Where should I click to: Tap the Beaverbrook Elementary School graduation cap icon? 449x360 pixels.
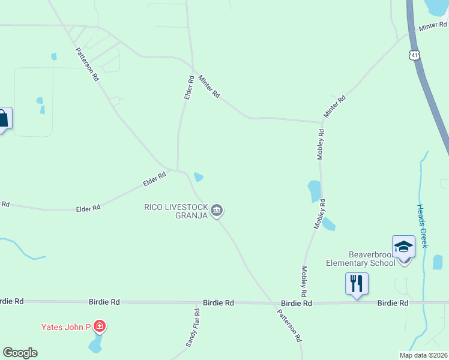click(x=403, y=247)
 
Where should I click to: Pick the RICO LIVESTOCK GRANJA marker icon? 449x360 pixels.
click(x=217, y=210)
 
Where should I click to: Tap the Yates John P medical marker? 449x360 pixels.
click(x=100, y=327)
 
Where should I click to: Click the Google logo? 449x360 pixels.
click(x=20, y=353)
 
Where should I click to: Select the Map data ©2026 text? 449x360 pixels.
click(x=423, y=355)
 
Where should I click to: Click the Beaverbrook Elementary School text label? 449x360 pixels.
click(x=360, y=259)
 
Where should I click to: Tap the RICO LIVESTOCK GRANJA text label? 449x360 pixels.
click(x=175, y=211)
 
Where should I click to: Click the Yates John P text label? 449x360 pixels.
click(x=65, y=327)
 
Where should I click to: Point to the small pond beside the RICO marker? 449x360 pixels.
click(x=199, y=177)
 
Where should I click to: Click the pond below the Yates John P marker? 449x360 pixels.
click(x=95, y=346)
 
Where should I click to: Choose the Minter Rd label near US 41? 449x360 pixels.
click(x=433, y=28)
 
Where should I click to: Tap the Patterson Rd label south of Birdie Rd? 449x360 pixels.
click(x=289, y=325)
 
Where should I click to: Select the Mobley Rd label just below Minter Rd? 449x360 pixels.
click(x=321, y=144)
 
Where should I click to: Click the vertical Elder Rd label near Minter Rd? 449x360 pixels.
click(x=188, y=88)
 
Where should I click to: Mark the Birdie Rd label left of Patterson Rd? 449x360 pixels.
click(x=218, y=303)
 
